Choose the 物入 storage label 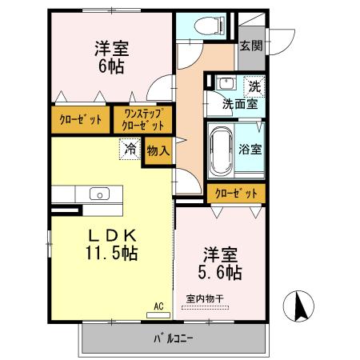tap(158, 150)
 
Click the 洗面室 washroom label tap(238, 103)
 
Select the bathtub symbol tap(220, 151)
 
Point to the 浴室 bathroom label tap(250, 148)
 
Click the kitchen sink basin tap(99, 194)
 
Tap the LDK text tap(112, 236)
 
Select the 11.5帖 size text tap(112, 254)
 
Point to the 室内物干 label tap(206, 299)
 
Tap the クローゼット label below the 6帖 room tap(81, 120)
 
